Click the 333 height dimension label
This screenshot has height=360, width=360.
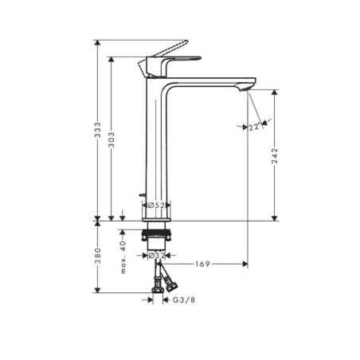click(x=98, y=130)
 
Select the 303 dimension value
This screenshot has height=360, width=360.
click(x=112, y=139)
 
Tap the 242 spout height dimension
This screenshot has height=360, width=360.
click(x=275, y=155)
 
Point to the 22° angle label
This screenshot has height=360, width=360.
click(x=255, y=127)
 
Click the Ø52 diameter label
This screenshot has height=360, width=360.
click(x=156, y=205)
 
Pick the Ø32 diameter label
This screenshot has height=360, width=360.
click(x=156, y=256)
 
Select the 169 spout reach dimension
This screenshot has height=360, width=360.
click(x=202, y=264)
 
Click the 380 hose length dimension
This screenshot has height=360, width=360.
click(x=98, y=256)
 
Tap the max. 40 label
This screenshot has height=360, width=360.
click(x=123, y=257)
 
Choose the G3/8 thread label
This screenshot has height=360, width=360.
click(x=184, y=300)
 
